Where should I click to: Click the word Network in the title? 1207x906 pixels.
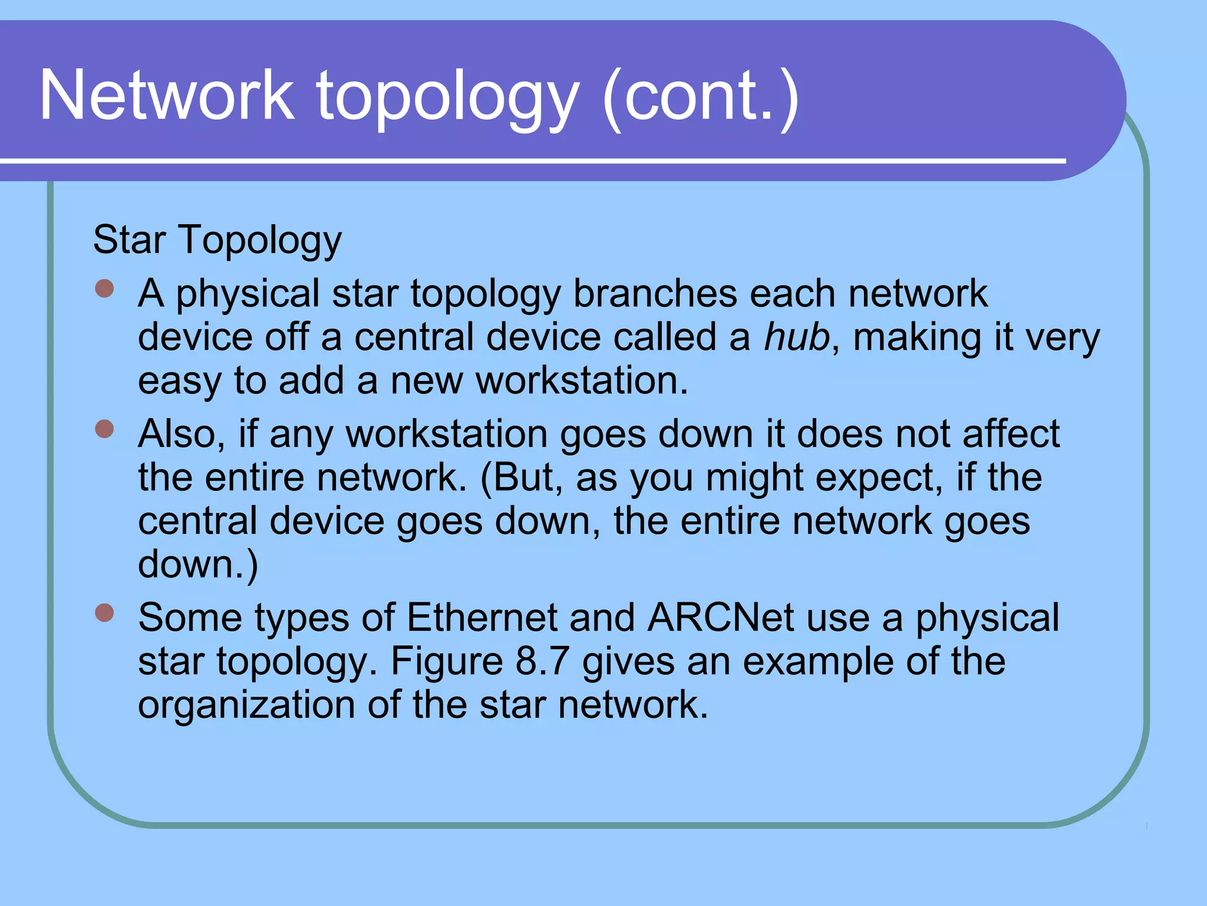pos(167,96)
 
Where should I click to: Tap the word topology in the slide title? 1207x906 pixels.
pos(448,97)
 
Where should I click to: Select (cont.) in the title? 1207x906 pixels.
pos(701,97)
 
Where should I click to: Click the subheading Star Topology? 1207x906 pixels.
pos(217,241)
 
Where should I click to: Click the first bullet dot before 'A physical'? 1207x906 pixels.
pos(104,289)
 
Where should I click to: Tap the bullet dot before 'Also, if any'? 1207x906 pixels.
pos(104,429)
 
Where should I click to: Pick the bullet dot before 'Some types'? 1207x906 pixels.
pos(104,613)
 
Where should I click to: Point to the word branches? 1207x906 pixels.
pos(655,293)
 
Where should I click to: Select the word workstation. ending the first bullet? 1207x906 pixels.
pos(582,380)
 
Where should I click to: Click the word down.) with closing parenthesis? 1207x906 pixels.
pos(198,564)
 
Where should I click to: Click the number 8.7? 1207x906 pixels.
pos(542,661)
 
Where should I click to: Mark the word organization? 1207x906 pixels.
pos(246,705)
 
